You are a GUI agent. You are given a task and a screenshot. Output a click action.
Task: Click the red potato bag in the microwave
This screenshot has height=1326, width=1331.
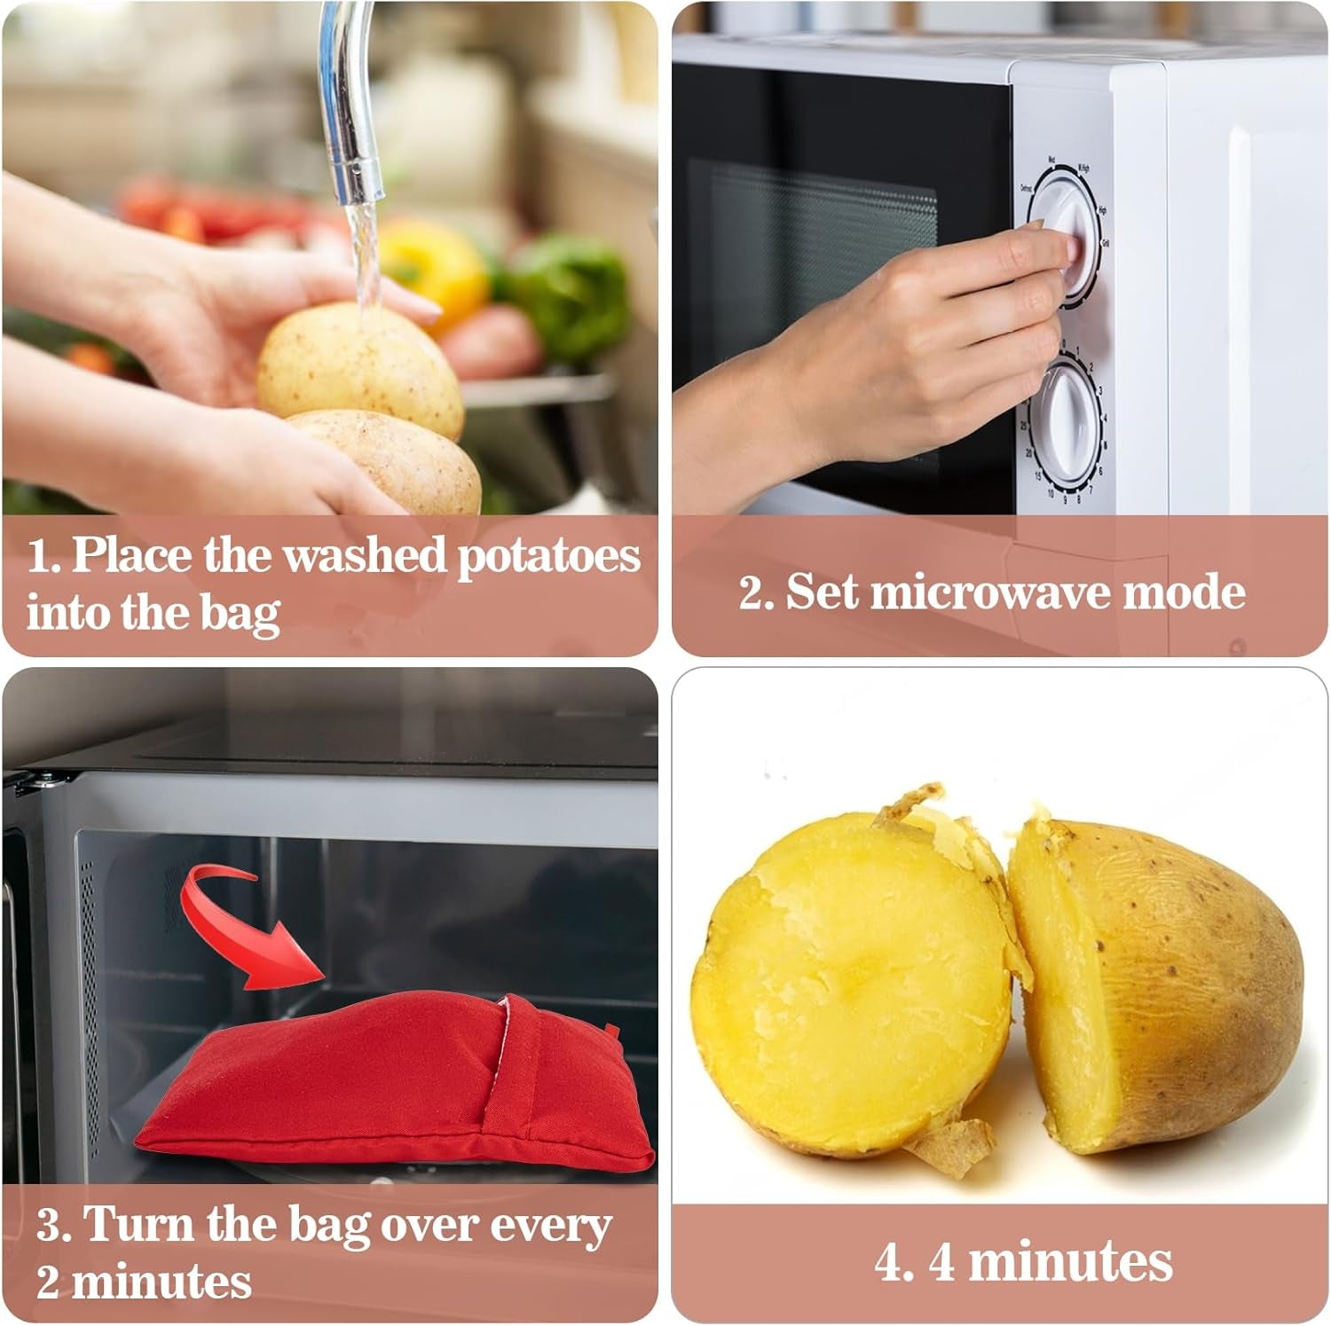[390, 1087]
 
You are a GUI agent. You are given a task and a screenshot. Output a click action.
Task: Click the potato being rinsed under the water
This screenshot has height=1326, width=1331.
[359, 368]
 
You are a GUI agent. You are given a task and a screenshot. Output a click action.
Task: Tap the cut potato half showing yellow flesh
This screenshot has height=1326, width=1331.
[852, 985]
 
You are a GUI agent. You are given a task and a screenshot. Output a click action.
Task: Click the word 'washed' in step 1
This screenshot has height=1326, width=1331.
[364, 557]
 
